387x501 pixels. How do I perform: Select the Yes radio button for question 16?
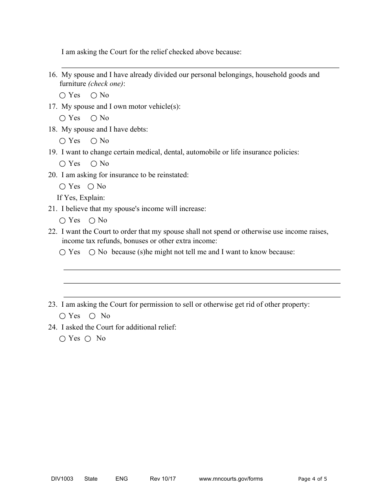click(62, 95)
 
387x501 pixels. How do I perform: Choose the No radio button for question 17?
click(94, 118)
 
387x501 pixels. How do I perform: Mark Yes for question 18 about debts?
click(62, 141)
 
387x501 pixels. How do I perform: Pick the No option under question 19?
click(94, 164)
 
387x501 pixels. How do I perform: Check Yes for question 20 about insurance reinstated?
click(62, 187)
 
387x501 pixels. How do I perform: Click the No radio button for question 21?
click(92, 220)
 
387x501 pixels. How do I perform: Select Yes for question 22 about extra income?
click(62, 252)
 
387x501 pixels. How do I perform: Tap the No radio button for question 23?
click(92, 316)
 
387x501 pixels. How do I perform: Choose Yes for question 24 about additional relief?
click(62, 338)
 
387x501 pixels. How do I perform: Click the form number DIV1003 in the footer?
click(59, 479)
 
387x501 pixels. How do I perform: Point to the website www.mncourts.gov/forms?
click(231, 479)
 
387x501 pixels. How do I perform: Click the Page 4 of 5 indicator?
click(312, 479)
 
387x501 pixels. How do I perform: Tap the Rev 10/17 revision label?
click(163, 479)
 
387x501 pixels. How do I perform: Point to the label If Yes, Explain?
click(81, 198)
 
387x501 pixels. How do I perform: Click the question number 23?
click(52, 304)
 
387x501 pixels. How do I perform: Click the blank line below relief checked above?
click(200, 67)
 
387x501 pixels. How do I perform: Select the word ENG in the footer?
click(121, 479)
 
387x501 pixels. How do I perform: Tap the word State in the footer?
click(91, 479)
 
